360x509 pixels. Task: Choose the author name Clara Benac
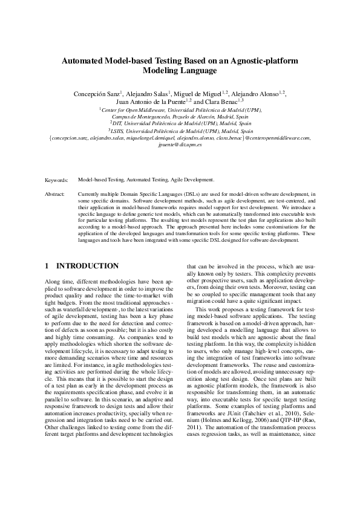coord(221,102)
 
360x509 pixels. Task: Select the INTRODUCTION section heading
coord(87,266)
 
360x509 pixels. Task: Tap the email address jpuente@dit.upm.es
coord(180,146)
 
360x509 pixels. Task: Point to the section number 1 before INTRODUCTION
coord(48,266)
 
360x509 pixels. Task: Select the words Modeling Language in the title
coord(180,71)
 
